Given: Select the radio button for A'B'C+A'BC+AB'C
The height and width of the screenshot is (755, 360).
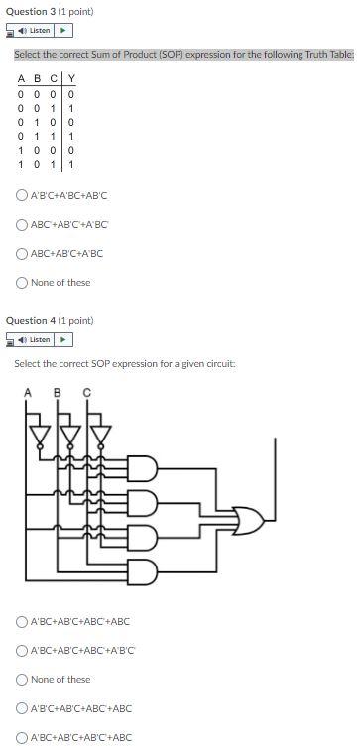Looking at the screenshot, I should (22, 196).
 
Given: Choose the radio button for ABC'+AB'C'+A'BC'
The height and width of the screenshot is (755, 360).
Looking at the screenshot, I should (22, 225).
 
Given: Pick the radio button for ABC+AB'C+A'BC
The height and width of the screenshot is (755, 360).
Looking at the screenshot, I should (22, 253).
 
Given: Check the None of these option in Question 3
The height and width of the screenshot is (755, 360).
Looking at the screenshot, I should (22, 282).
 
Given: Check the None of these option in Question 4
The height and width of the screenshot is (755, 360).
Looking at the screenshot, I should (22, 680).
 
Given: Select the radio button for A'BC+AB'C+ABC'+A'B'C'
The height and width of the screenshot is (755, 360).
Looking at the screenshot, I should (22, 651).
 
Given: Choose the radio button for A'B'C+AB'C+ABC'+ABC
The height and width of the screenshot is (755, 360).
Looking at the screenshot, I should (22, 708).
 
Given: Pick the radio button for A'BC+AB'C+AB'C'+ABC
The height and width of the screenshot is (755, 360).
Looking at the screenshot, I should (22, 737).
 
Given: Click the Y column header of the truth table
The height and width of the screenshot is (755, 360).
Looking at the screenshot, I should (71, 79).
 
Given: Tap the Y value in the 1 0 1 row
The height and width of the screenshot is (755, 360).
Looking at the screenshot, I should (71, 164).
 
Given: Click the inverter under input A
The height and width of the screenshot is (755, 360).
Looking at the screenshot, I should (40, 435).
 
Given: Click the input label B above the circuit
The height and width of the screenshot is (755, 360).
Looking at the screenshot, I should (58, 391).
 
